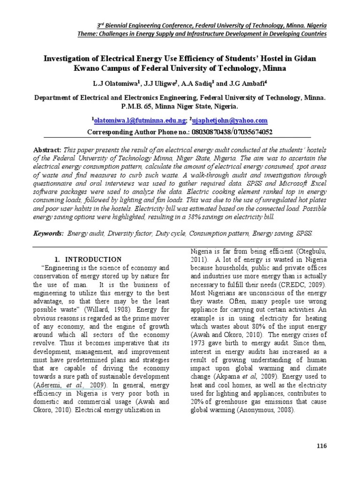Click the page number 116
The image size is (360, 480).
click(322, 445)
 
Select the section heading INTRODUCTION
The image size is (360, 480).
click(93, 259)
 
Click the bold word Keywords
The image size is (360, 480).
click(49, 233)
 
